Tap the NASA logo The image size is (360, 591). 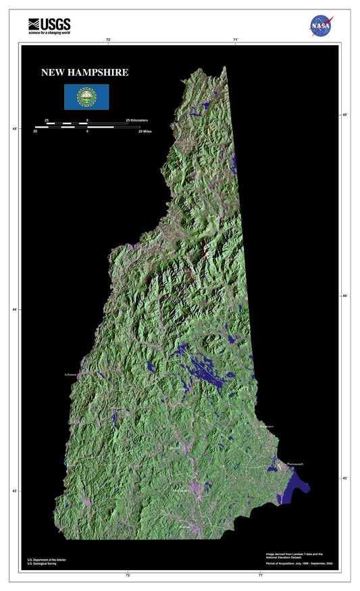pos(322,25)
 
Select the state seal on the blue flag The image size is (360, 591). pos(86,97)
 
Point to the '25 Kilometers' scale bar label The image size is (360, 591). pos(137,120)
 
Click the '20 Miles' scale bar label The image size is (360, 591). pos(145,132)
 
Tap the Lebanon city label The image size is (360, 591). pos(72,374)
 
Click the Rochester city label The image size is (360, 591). pos(266,427)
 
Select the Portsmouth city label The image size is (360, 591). pos(295,464)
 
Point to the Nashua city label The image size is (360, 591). pos(184,526)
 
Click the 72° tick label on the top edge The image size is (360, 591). pos(108,40)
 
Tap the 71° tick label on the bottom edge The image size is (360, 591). pos(260,575)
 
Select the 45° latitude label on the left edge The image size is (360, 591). pos(14,128)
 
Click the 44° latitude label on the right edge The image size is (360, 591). pos(345,296)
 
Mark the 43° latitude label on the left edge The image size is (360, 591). pos(14,491)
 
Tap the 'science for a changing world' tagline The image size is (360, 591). pos(49,32)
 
